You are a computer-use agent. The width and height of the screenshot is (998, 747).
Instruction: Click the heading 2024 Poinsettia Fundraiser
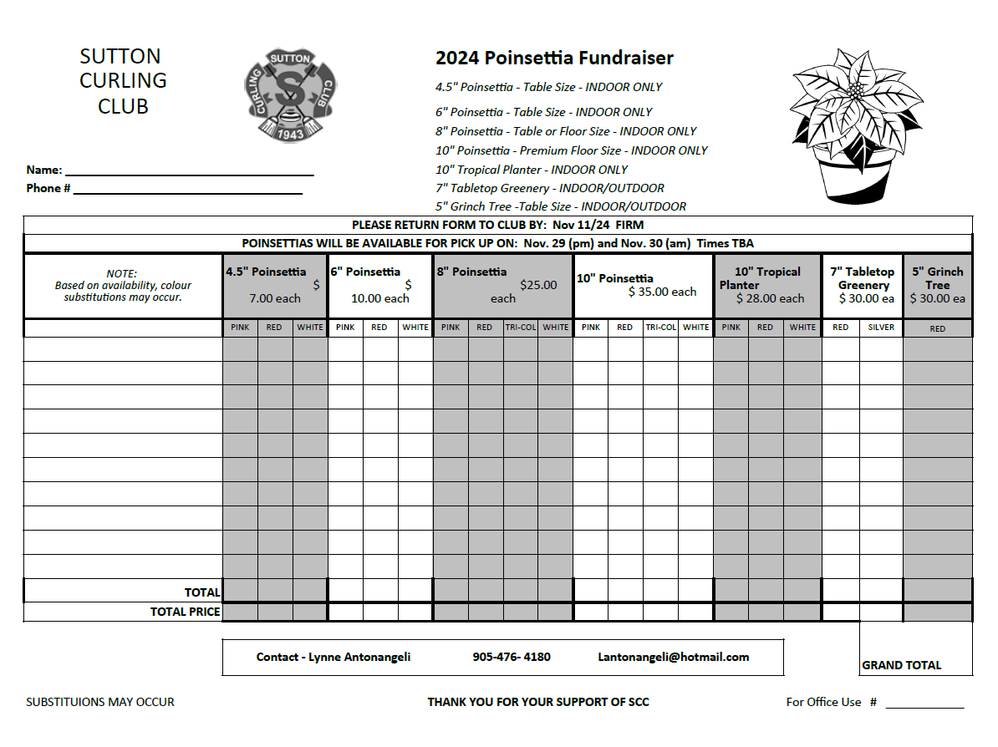coord(554,58)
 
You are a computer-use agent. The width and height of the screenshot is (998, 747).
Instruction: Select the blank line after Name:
coord(189,172)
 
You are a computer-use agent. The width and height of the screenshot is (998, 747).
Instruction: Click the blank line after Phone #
coord(188,191)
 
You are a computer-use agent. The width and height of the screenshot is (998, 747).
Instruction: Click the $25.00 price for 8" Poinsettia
coord(538,285)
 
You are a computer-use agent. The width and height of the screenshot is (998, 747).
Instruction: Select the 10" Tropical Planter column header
coord(766,285)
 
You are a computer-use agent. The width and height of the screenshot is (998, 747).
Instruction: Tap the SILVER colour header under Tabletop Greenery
coord(881,328)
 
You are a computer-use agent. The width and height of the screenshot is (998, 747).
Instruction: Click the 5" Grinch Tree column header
coord(937,285)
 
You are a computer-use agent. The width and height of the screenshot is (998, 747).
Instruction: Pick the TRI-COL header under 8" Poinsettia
coord(520,328)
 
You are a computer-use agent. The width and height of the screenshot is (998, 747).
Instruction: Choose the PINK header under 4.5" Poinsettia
coord(240,328)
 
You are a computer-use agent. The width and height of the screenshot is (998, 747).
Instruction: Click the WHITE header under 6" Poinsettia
coord(415,328)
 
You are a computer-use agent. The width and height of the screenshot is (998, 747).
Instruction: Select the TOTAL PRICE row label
coord(185,612)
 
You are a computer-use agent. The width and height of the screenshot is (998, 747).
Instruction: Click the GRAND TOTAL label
coord(901,665)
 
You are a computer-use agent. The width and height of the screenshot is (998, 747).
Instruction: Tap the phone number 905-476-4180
coord(512,657)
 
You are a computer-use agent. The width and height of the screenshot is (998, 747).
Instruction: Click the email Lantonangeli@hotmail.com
coord(673,657)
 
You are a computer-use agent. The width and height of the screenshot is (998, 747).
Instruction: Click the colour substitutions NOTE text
coord(123,285)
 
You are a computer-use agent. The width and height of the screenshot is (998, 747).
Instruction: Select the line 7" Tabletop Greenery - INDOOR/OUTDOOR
coord(550,188)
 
